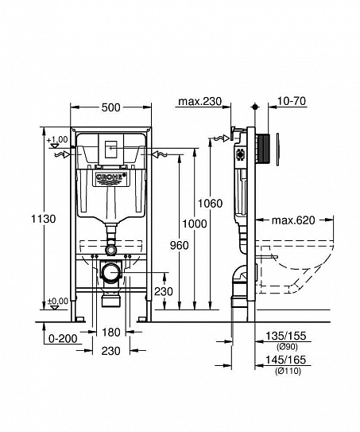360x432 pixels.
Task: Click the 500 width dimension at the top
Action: [110, 107]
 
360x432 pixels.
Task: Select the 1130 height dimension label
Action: [49, 218]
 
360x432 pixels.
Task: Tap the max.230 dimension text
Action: [199, 103]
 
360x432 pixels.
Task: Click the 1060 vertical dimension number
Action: [211, 203]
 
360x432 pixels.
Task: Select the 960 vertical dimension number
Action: [179, 245]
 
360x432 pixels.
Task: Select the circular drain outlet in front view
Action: [110, 271]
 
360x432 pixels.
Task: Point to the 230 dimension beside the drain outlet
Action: [162, 291]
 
